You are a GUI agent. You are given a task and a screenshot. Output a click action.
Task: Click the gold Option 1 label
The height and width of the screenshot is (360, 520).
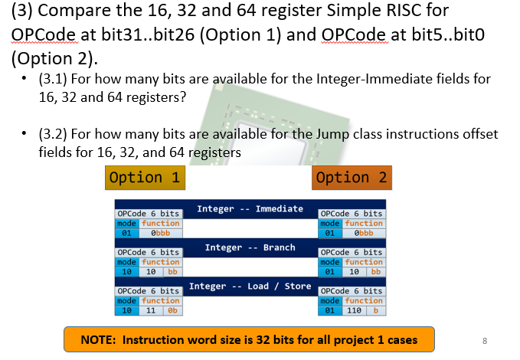coord(145,178)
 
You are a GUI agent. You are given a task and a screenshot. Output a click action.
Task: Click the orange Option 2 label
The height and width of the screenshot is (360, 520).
coord(352,178)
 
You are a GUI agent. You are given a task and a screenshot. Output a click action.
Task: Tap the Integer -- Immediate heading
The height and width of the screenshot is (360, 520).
coord(250,208)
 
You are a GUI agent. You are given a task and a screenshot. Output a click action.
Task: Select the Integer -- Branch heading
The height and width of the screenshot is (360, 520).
coord(250,247)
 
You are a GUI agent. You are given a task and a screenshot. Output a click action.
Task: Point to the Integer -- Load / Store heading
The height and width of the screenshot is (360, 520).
coord(250,286)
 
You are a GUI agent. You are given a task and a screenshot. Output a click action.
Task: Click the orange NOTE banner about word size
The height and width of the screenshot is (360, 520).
coord(249,339)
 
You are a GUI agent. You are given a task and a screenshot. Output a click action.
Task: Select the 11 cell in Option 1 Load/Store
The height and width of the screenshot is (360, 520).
coord(150,310)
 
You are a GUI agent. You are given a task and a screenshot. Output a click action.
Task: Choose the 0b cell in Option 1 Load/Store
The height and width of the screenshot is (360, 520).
coord(172,310)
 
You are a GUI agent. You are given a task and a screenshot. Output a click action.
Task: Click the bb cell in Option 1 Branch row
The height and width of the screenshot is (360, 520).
coord(172,271)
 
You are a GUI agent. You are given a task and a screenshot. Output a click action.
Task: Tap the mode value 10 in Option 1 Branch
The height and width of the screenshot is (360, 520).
coord(125,271)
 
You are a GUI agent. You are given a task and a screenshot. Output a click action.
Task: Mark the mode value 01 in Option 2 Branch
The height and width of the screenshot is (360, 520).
coord(328,271)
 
